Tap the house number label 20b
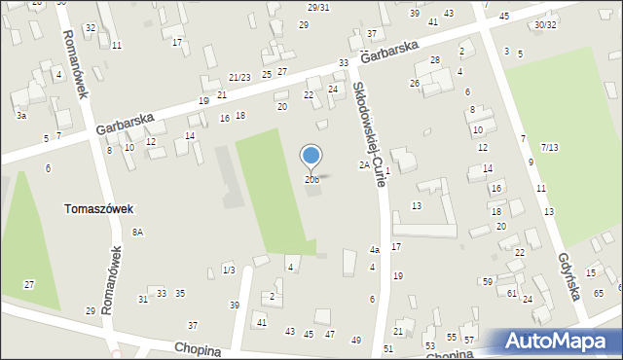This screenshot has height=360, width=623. click(311, 179)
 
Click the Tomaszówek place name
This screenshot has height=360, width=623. click(98, 208)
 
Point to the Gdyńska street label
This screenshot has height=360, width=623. click(570, 277)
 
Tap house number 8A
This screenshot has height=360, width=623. click(138, 232)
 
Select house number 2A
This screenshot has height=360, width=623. click(364, 165)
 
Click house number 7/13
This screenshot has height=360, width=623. click(549, 147)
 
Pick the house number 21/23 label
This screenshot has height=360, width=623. click(240, 77)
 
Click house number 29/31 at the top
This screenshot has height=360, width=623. click(318, 8)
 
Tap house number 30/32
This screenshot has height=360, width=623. click(545, 24)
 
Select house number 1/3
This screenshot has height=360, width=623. click(229, 270)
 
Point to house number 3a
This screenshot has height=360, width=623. click(20, 115)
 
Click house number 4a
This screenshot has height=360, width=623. click(374, 250)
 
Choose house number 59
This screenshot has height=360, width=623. click(487, 281)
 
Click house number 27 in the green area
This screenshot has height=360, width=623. click(29, 284)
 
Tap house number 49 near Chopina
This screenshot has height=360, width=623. click(356, 340)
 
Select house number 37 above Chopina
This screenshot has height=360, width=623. click(193, 325)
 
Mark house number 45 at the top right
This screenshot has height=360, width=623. click(503, 17)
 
